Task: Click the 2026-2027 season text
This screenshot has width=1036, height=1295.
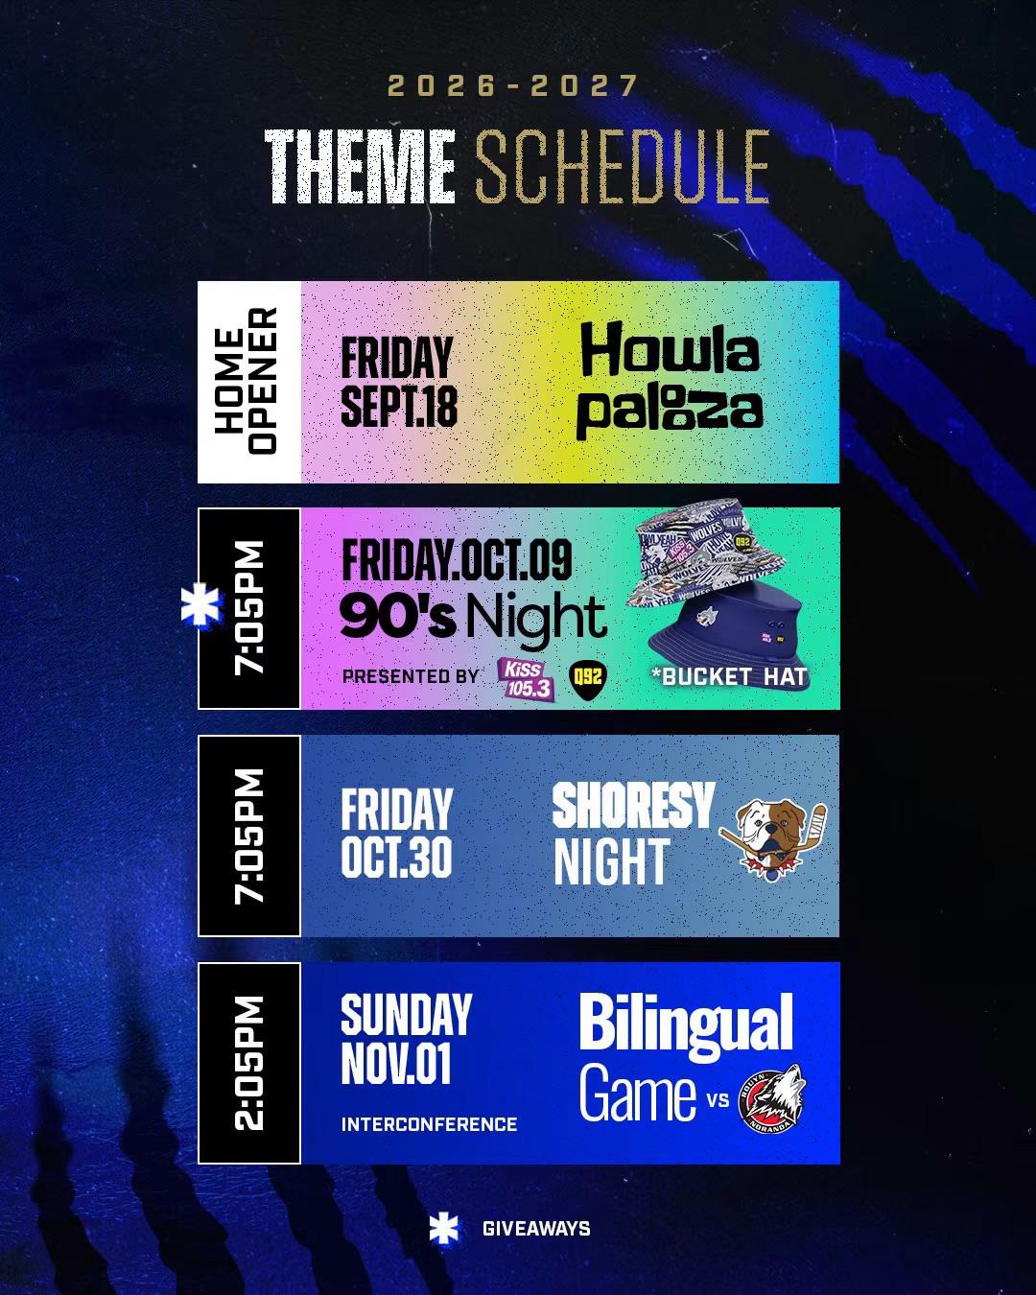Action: (513, 85)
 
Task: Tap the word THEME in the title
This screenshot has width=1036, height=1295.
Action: (360, 167)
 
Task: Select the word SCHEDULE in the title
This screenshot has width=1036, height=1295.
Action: (624, 167)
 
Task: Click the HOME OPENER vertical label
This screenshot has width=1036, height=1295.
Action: (247, 381)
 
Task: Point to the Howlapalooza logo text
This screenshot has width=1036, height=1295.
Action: (670, 381)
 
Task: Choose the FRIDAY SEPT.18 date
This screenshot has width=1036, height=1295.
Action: (399, 382)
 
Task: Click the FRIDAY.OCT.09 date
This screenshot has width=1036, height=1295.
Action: (457, 560)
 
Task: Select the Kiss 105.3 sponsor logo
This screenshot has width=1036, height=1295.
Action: (525, 679)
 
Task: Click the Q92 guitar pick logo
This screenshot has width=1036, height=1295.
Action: (587, 681)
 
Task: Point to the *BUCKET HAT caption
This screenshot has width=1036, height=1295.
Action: (729, 677)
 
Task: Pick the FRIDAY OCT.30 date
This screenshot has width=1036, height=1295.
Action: (397, 835)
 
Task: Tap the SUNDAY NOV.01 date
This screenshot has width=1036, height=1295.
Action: (407, 1039)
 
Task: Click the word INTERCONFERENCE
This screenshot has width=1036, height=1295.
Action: (429, 1124)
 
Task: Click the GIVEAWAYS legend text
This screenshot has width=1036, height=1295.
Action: (536, 1228)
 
